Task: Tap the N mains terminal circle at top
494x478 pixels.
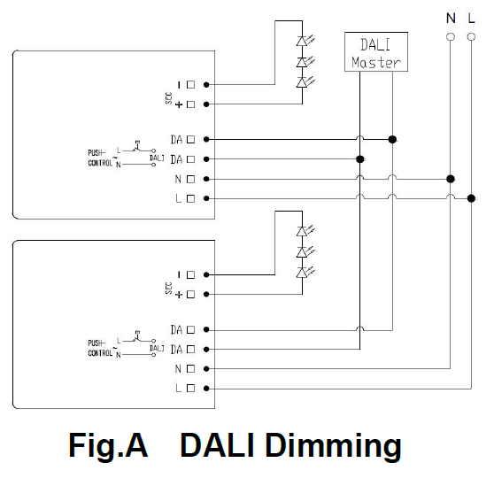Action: (x=451, y=37)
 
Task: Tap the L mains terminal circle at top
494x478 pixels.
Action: (x=471, y=37)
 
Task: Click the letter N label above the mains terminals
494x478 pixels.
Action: (x=451, y=19)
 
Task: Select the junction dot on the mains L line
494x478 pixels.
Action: (x=471, y=198)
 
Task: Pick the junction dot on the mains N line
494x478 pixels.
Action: (x=451, y=179)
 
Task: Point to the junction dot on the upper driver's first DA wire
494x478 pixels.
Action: (x=392, y=139)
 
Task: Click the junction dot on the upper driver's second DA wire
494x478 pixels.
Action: (x=360, y=159)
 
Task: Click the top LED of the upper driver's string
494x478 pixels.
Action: (x=302, y=42)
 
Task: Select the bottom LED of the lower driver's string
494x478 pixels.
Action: (x=302, y=273)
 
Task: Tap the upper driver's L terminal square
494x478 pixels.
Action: (x=190, y=198)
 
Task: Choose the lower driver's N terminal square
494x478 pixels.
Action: (x=190, y=368)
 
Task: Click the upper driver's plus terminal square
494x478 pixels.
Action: (x=190, y=104)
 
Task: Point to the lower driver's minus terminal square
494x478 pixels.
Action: (x=190, y=274)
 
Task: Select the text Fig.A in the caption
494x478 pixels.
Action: (x=108, y=446)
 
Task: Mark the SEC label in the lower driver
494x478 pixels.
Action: (x=168, y=289)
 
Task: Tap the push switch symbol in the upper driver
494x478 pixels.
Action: (x=137, y=147)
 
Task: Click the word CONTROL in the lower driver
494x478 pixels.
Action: (x=100, y=353)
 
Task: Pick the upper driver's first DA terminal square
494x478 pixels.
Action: (x=190, y=139)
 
